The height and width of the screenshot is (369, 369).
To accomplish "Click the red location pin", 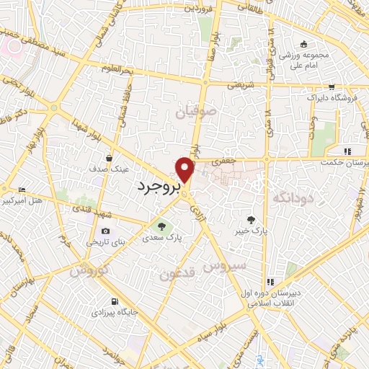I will (x=185, y=169).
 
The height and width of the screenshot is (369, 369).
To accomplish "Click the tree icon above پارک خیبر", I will (x=251, y=219).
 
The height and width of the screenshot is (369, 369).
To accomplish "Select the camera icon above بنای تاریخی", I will (x=106, y=231).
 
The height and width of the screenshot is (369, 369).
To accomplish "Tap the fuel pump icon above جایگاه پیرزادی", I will (x=113, y=301).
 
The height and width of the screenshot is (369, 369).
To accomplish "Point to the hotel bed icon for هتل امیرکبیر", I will (x=21, y=189).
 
